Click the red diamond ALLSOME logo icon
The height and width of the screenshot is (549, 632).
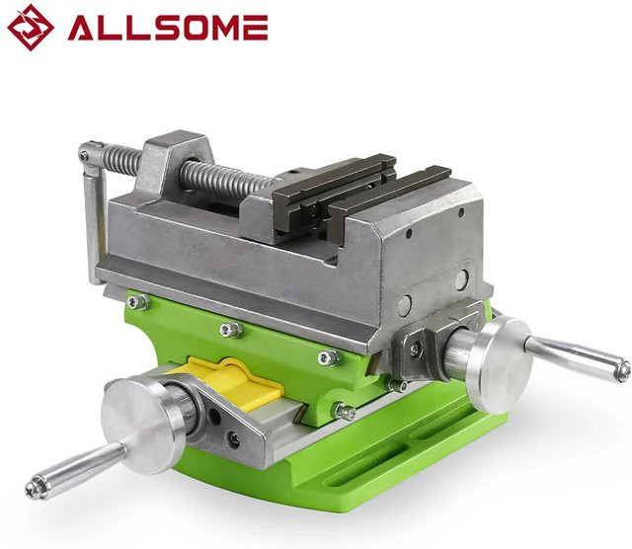click(31, 28)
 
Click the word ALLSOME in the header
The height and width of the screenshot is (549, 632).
click(168, 28)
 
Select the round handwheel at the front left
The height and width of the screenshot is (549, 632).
click(144, 425)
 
